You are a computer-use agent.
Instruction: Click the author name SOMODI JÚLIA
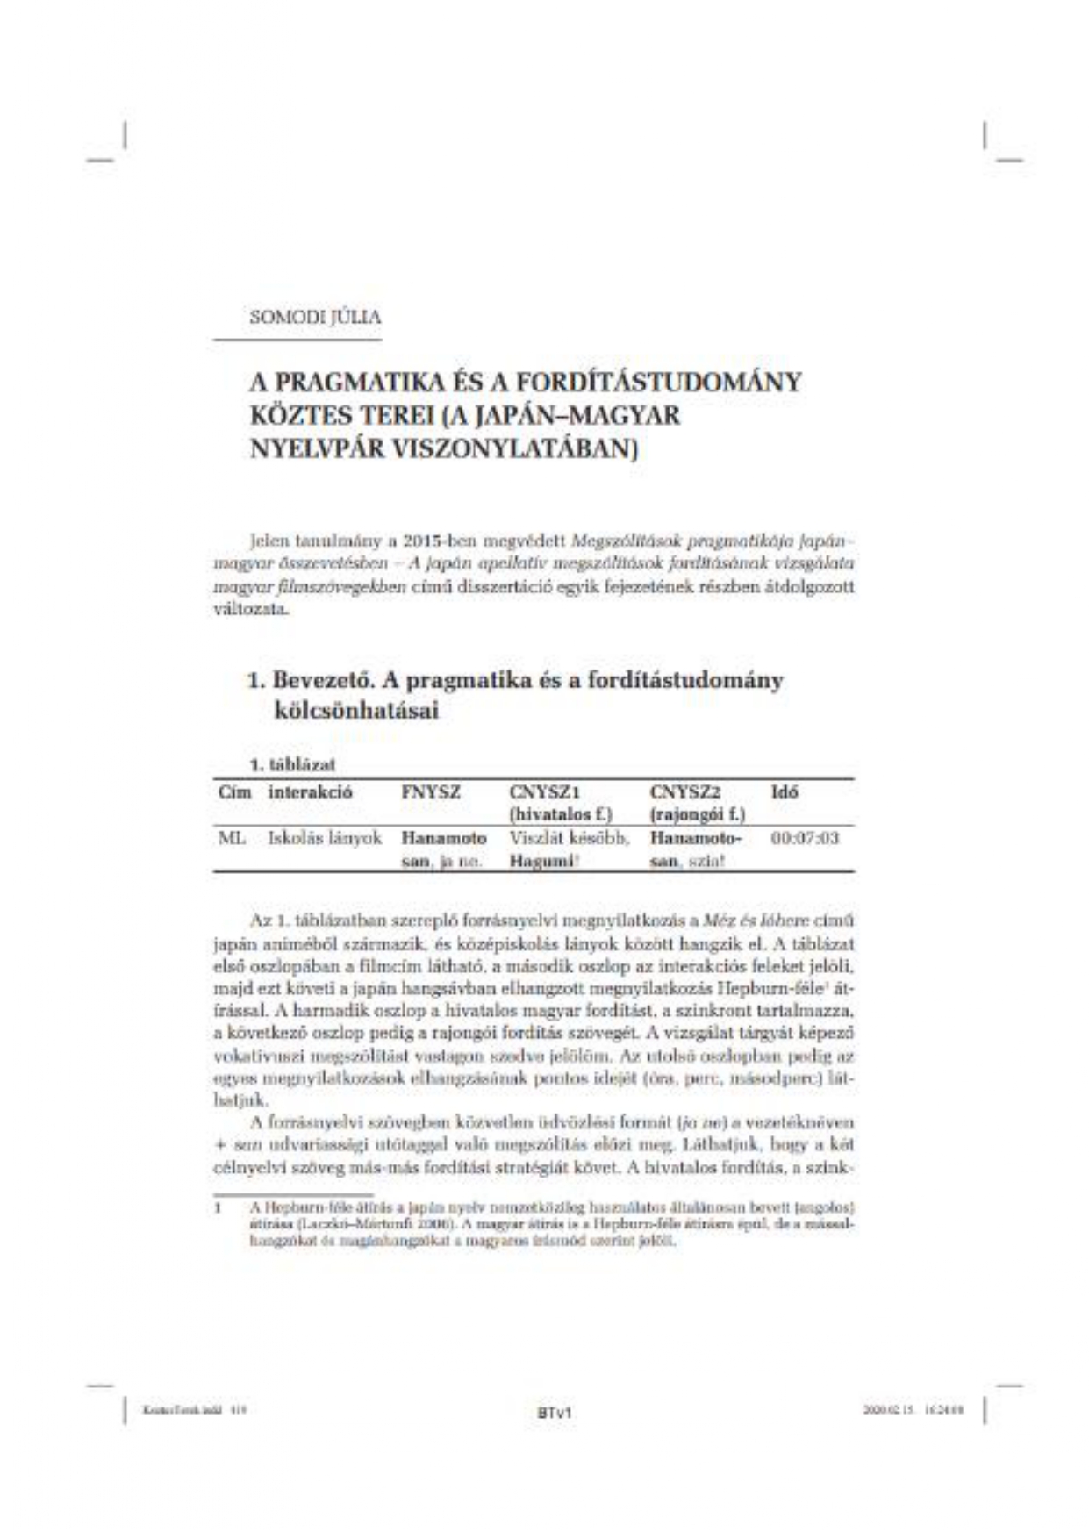(x=315, y=317)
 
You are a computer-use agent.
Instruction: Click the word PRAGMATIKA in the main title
(x=349, y=383)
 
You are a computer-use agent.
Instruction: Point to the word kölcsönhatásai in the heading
(x=355, y=711)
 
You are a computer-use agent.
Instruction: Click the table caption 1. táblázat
(x=292, y=764)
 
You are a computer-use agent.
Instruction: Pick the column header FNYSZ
(x=431, y=791)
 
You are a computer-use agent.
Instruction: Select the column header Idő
(x=785, y=791)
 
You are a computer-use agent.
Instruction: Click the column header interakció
(x=311, y=791)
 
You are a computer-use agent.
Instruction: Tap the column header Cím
(x=234, y=791)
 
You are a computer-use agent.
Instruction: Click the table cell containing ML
(x=232, y=838)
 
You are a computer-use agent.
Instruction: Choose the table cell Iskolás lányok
(x=325, y=838)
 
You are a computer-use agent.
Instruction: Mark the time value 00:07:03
(x=805, y=838)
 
